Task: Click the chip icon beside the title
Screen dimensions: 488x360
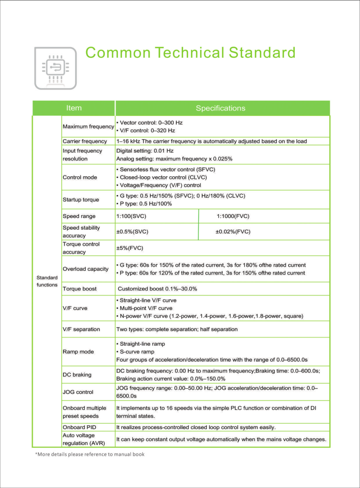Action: point(55,68)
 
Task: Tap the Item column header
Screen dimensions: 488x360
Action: point(74,108)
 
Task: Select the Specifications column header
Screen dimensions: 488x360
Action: point(220,108)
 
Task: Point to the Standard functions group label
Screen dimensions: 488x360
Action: point(47,281)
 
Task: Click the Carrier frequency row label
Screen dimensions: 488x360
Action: point(85,141)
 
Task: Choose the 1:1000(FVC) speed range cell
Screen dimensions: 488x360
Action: point(233,216)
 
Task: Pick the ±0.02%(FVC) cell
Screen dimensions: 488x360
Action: point(233,232)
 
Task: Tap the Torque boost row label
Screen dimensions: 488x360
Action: point(80,289)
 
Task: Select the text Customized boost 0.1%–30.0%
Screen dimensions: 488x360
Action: point(157,289)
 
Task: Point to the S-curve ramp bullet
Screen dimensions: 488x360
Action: point(136,352)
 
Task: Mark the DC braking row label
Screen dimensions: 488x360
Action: point(77,375)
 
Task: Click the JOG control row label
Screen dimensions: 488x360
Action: point(78,392)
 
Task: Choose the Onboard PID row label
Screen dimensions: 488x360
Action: point(79,427)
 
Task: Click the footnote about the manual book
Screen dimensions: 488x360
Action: point(90,454)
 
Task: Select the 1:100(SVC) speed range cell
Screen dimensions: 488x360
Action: point(131,216)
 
